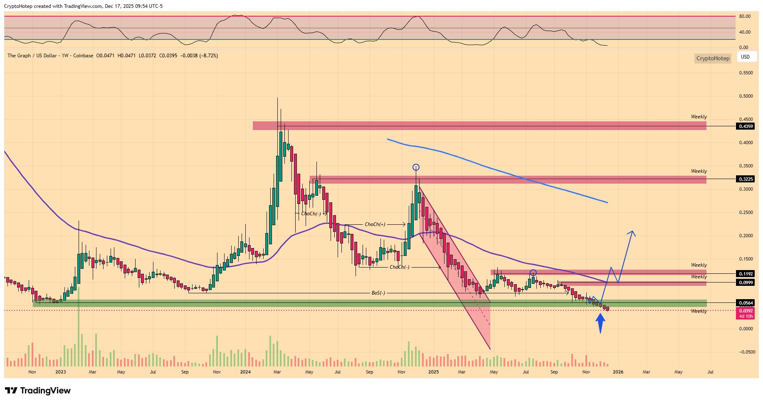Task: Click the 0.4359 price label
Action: coord(746,126)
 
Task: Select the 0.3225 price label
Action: coord(746,179)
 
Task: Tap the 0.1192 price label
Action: coord(746,274)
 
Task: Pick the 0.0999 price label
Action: coord(746,283)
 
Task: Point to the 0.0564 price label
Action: coord(746,303)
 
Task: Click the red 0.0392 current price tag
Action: coord(746,311)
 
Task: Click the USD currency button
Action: coord(746,57)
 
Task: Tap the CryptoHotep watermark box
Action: coord(713,58)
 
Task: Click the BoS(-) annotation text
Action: coord(378,293)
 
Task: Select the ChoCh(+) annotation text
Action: coord(375,224)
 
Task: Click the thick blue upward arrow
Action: coord(600,323)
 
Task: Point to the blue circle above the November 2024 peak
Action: coord(416,167)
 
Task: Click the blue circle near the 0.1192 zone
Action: coord(533,273)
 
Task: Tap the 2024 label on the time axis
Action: coord(245,372)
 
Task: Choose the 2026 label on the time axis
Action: coord(618,372)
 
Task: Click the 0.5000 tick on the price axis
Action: coord(746,96)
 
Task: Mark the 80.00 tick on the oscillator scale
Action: coord(745,17)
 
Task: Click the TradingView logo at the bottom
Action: coord(38,391)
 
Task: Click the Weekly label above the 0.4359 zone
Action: coord(699,117)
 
